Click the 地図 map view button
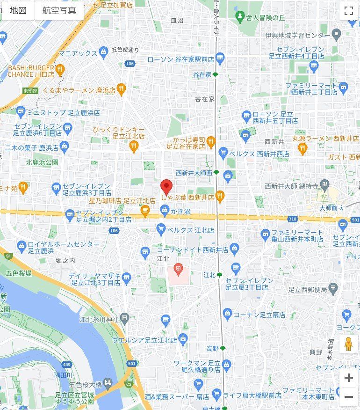[x=18, y=10]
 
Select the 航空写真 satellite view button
[x=59, y=10]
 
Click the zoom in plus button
[x=348, y=378]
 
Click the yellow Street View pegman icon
[x=348, y=344]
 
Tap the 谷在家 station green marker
[x=215, y=75]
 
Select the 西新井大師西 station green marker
[x=216, y=173]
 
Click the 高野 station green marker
[x=223, y=348]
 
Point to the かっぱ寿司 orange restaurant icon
[x=211, y=140]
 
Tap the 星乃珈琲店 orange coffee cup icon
[x=145, y=212]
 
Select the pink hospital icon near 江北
[x=178, y=269]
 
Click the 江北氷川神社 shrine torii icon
[x=124, y=318]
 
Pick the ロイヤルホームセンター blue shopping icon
[x=21, y=245]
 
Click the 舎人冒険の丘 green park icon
[x=240, y=17]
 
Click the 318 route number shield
[x=293, y=219]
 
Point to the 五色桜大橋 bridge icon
[x=108, y=383]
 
